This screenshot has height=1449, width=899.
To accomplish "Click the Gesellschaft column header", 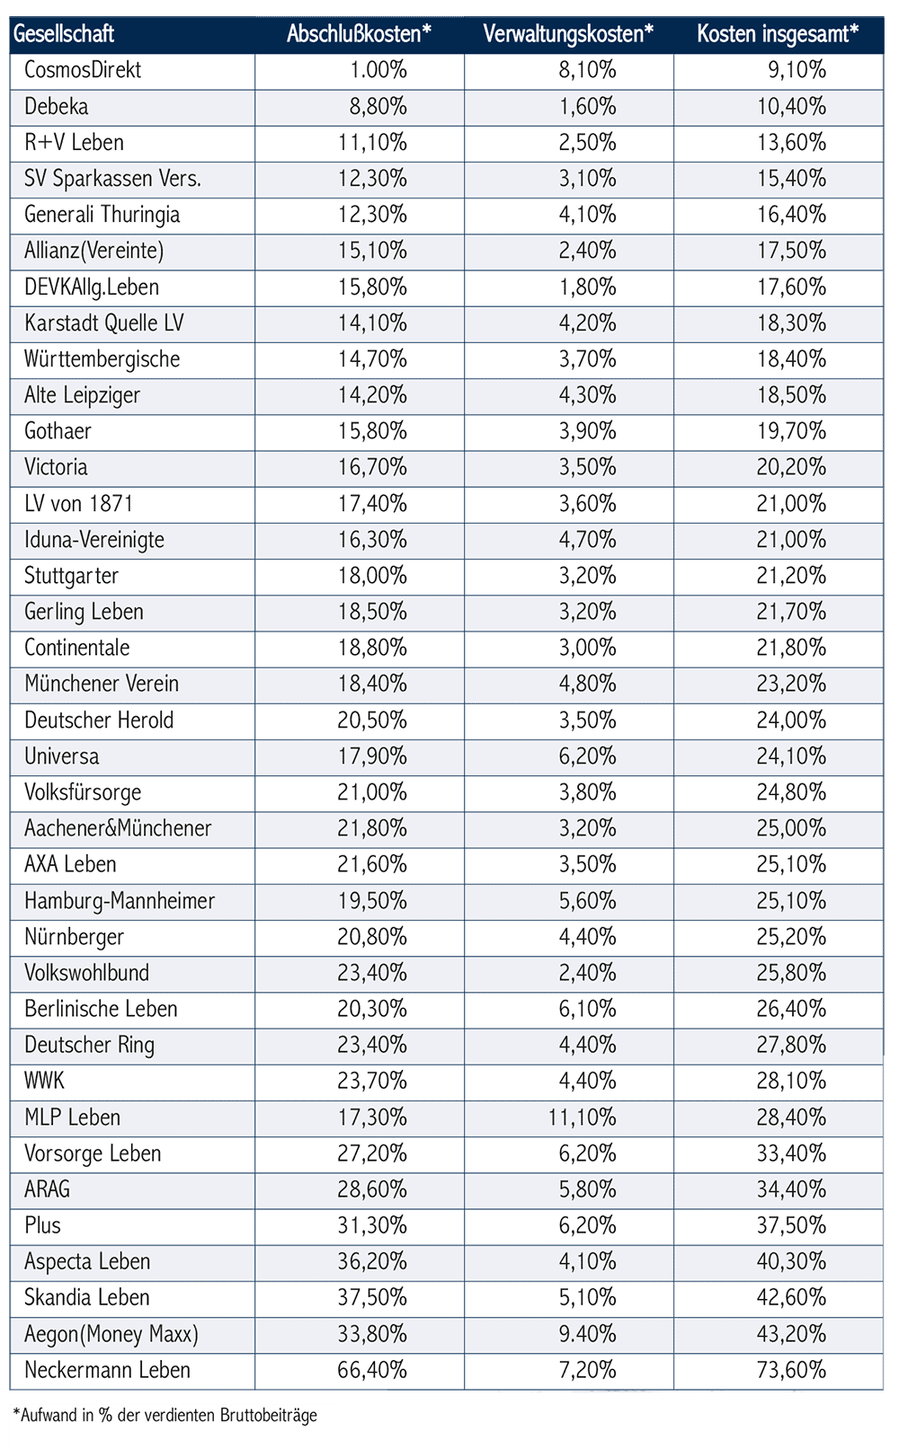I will pos(64,34).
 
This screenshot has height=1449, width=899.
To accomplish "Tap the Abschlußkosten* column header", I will pos(359,34).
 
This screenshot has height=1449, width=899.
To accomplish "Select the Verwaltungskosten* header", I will pos(568,34).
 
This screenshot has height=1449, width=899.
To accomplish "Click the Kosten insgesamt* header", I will pos(778,34).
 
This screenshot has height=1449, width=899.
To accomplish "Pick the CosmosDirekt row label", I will pos(83,70).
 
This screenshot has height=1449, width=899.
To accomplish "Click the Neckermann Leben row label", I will pos(107,1370).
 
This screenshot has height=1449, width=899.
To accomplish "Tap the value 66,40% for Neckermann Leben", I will pos(372,1370).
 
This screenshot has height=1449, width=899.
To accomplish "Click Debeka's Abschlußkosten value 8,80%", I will pos(378,107).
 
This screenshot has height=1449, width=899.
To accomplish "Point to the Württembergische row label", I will pos(102,359).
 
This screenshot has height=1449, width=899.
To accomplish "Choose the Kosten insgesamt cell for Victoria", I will pos(791,467).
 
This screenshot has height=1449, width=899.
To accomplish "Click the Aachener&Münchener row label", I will pos(118,828).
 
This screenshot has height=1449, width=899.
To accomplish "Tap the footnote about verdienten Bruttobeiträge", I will pos(165,1416).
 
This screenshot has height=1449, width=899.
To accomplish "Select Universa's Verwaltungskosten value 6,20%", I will pos(588,756).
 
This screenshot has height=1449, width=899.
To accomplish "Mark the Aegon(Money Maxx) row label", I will pos(111,1334).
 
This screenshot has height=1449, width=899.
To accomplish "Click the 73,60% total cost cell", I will pos(791,1370).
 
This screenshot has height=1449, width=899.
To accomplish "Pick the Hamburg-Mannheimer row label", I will pos(120,900).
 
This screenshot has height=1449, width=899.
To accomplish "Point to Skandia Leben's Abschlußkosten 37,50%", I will pos(372,1298).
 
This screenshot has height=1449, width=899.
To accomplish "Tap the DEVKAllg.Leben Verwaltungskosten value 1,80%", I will pos(588,287).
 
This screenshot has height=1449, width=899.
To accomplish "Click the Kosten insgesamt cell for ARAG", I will pos(791,1189).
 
